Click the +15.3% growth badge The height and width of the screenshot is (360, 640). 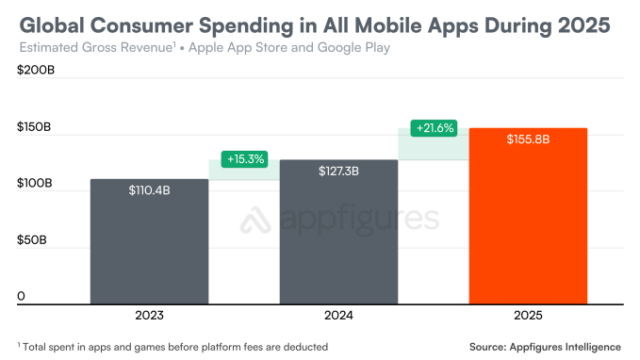(x=245, y=160)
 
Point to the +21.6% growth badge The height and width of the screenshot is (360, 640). (x=433, y=128)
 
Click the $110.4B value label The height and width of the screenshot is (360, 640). (x=151, y=189)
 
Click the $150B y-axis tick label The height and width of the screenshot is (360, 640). (x=36, y=129)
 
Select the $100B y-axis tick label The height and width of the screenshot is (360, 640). (x=36, y=185)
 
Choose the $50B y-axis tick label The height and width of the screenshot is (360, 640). (x=33, y=241)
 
